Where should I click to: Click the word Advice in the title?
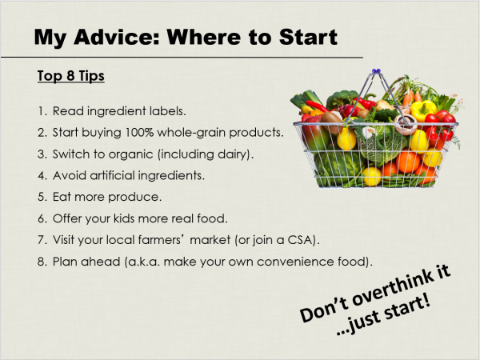point(117,37)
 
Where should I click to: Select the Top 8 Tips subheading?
point(70,76)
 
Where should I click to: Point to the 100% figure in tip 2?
point(139,132)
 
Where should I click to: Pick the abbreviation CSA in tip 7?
point(301,240)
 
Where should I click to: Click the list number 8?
point(42,262)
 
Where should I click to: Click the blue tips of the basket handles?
point(376,71)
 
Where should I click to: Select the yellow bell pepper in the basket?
point(423,110)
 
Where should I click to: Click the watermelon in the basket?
point(337,167)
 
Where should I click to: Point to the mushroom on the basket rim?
point(405,124)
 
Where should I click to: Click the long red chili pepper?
point(317,106)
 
